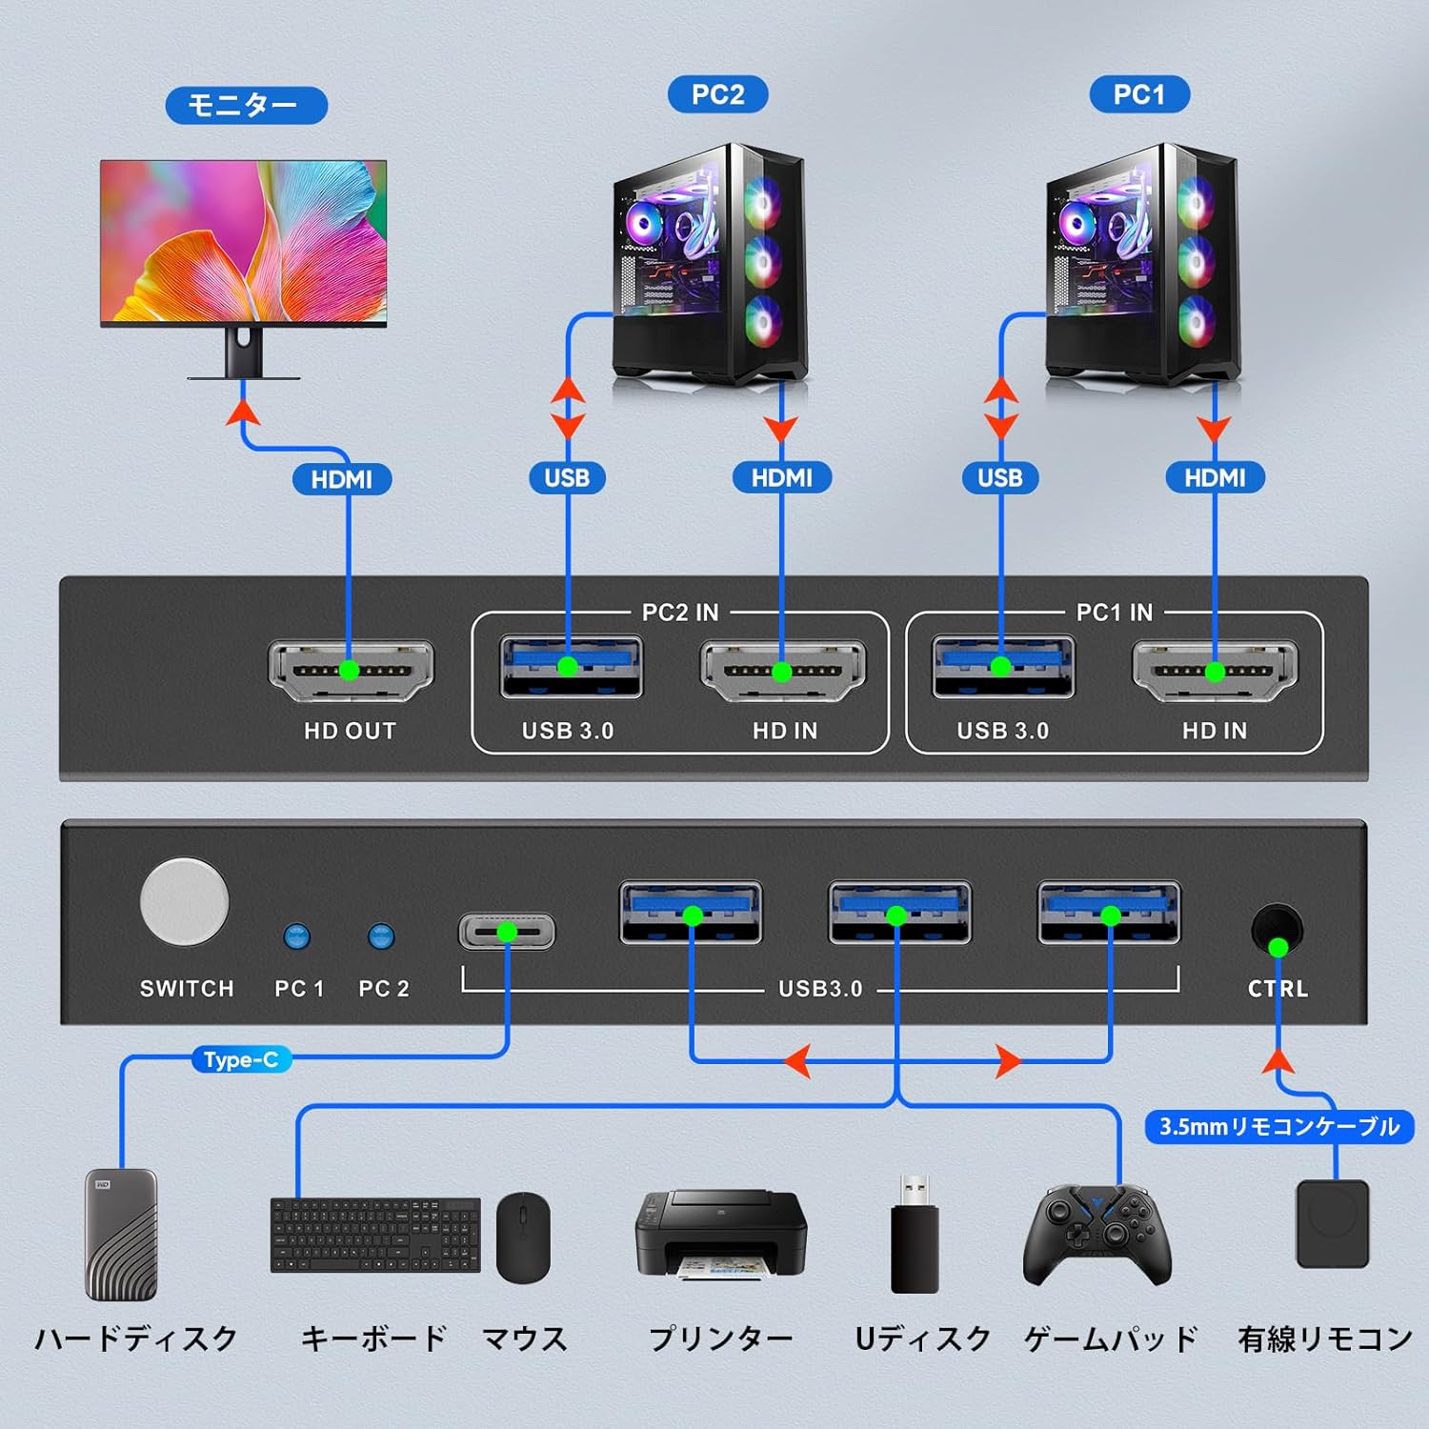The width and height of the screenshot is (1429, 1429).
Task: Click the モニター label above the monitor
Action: pyautogui.click(x=246, y=105)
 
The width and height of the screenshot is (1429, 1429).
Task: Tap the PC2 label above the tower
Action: pyautogui.click(x=717, y=94)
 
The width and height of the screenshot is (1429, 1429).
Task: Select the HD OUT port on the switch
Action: pyautogui.click(x=351, y=670)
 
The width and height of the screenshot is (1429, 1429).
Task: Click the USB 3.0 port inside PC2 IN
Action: pyautogui.click(x=571, y=666)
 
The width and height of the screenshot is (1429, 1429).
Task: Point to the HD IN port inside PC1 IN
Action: pyautogui.click(x=1215, y=671)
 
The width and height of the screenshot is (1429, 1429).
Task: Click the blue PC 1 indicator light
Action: pyautogui.click(x=297, y=936)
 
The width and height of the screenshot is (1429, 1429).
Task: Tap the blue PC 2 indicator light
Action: pyautogui.click(x=381, y=936)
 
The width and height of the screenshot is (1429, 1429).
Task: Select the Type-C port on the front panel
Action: pyautogui.click(x=507, y=931)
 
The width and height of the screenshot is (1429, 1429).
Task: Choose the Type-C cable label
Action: pyautogui.click(x=241, y=1059)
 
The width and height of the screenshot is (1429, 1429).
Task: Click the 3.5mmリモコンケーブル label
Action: pyautogui.click(x=1278, y=1126)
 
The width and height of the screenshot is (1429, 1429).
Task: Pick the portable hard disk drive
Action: pyautogui.click(x=121, y=1235)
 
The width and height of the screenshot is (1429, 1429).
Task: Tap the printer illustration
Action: pyautogui.click(x=720, y=1234)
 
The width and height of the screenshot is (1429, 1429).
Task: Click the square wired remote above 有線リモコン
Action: pyautogui.click(x=1333, y=1224)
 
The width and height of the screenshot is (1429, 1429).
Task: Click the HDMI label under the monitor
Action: pyautogui.click(x=342, y=479)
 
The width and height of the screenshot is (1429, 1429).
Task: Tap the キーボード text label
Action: pyautogui.click(x=373, y=1338)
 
